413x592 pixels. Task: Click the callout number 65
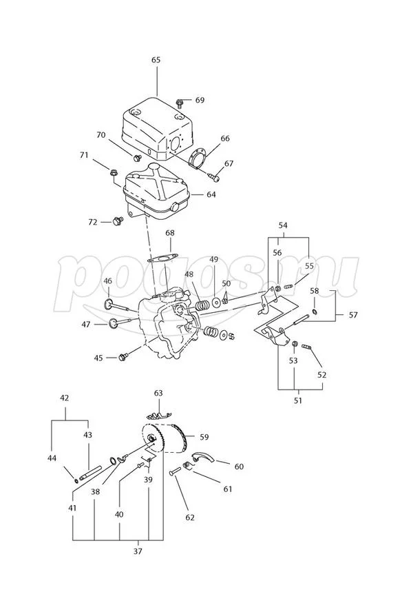pos(156,61)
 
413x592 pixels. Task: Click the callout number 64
pos(211,194)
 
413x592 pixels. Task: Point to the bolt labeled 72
pos(116,221)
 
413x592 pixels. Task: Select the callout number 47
pos(86,324)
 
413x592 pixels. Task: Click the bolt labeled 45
pos(124,357)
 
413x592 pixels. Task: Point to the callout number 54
pos(284,225)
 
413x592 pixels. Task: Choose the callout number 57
pos(353,315)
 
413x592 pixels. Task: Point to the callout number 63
pos(158,394)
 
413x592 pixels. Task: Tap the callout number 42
pos(65,398)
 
